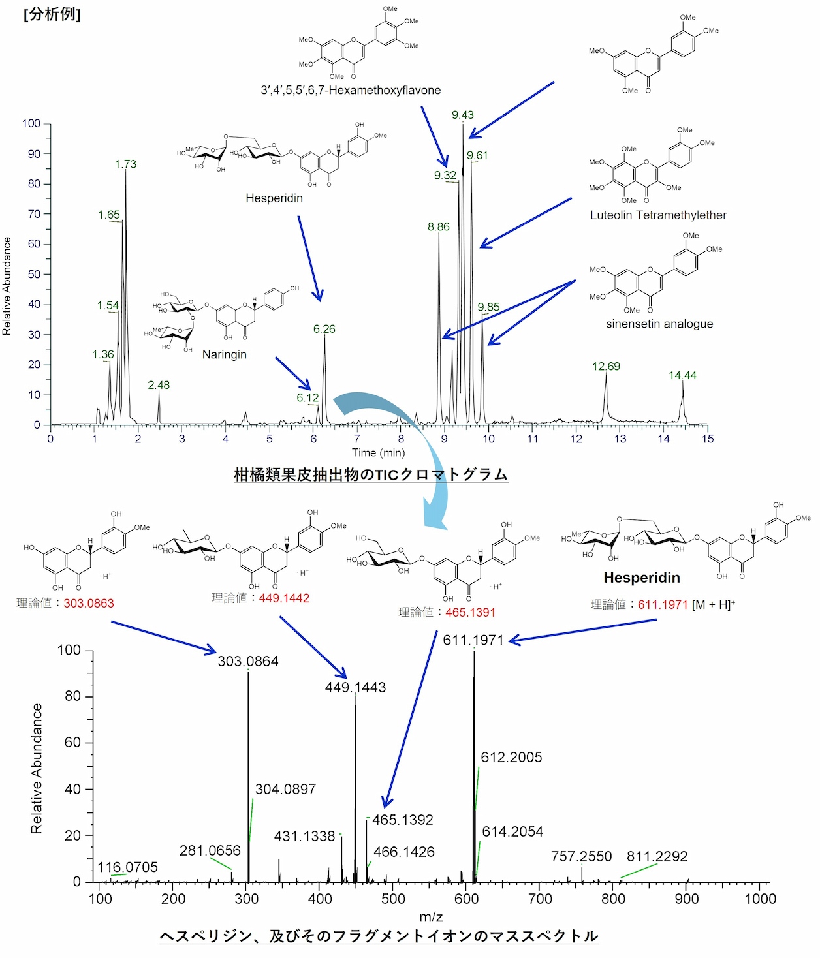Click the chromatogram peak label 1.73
pyautogui.click(x=125, y=164)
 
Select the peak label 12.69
pyautogui.click(x=606, y=366)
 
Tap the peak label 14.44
pyautogui.click(x=682, y=375)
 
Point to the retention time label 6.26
pyautogui.click(x=324, y=329)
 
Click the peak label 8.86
pyautogui.click(x=439, y=227)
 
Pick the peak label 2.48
pyautogui.click(x=159, y=385)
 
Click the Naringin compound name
pyautogui.click(x=225, y=354)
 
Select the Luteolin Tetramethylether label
pyautogui.click(x=658, y=215)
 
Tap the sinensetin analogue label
pyautogui.click(x=659, y=324)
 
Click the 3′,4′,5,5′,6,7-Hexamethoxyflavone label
pyautogui.click(x=351, y=90)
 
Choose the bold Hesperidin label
pyautogui.click(x=642, y=578)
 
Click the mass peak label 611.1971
pyautogui.click(x=473, y=640)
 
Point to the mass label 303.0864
pyautogui.click(x=248, y=661)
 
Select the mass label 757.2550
pyautogui.click(x=581, y=856)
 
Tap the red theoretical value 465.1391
pyautogui.click(x=470, y=612)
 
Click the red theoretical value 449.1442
pyautogui.click(x=284, y=598)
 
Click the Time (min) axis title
pyautogui.click(x=378, y=453)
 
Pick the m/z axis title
pyautogui.click(x=431, y=917)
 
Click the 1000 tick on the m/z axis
pyautogui.click(x=760, y=899)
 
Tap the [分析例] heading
pyautogui.click(x=52, y=14)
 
